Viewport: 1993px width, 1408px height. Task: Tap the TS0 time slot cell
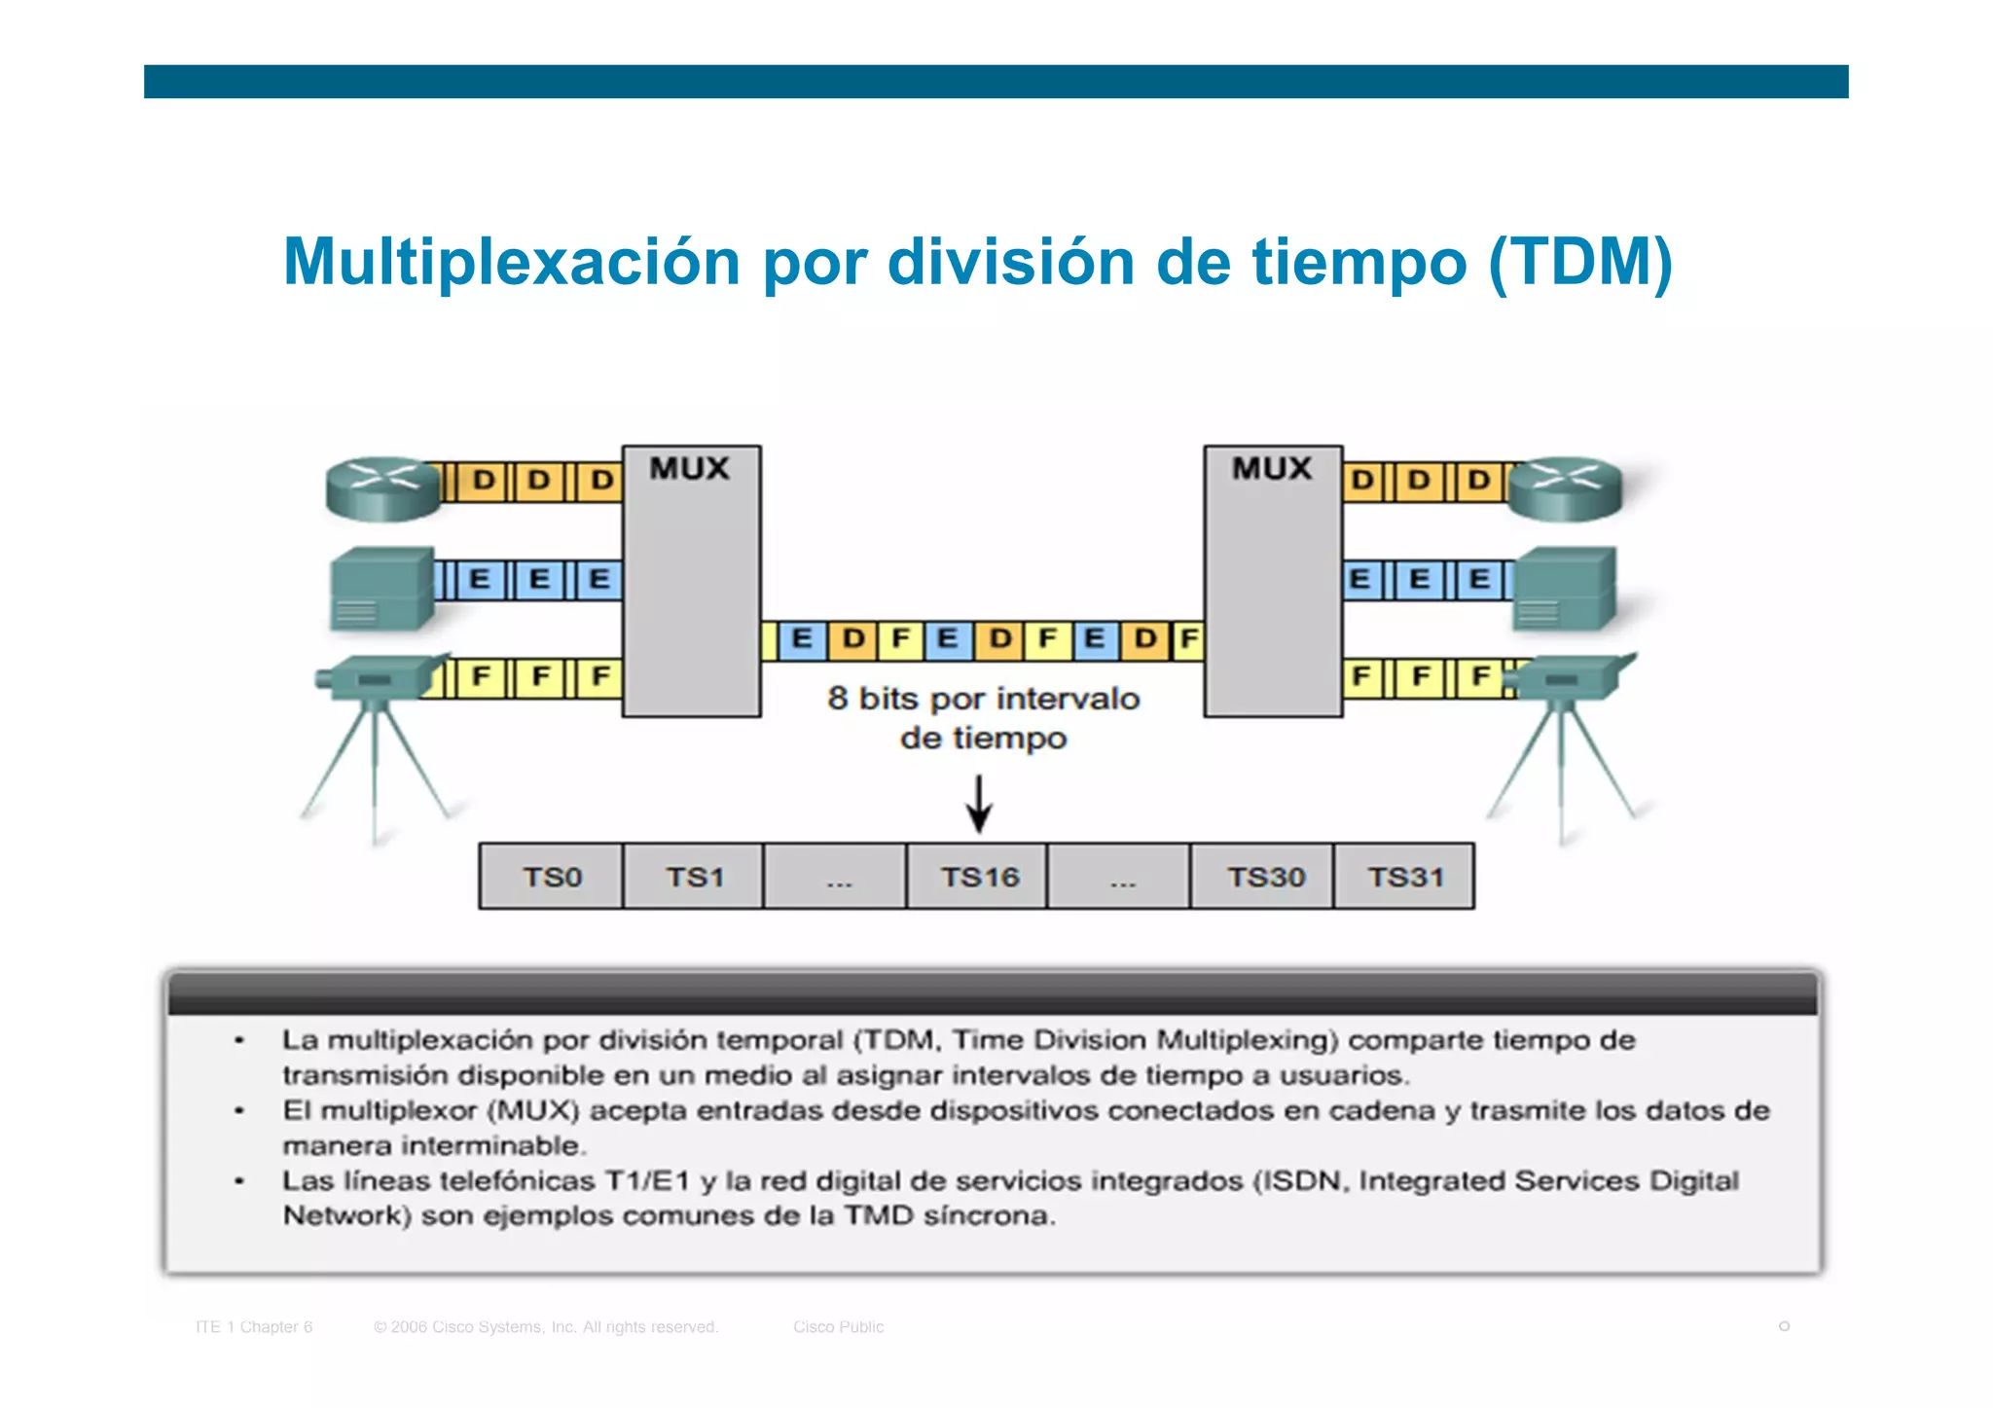tap(551, 877)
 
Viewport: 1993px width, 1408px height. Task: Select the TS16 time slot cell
tap(978, 877)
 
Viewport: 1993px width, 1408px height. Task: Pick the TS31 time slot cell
tap(1404, 877)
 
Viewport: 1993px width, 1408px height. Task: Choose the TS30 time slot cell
tap(1263, 877)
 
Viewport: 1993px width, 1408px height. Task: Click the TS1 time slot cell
tap(693, 877)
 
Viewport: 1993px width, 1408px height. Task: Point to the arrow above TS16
tap(979, 804)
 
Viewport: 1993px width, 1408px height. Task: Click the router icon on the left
tap(382, 487)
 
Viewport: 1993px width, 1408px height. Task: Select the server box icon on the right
tap(1565, 588)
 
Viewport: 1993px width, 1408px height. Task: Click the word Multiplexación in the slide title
tap(512, 262)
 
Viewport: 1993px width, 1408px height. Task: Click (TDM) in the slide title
tap(1580, 262)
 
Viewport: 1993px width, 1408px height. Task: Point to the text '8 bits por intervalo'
tap(983, 699)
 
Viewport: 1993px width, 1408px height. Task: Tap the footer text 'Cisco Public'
tap(838, 1326)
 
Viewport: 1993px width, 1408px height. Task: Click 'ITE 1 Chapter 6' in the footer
tap(254, 1326)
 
